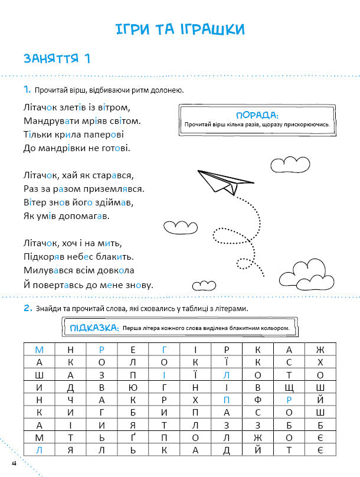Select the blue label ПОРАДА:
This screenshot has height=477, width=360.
[x=256, y=115]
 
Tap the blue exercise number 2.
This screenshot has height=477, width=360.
[x=27, y=308]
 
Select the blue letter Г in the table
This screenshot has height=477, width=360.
[x=165, y=349]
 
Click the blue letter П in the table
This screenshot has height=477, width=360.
[x=226, y=399]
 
